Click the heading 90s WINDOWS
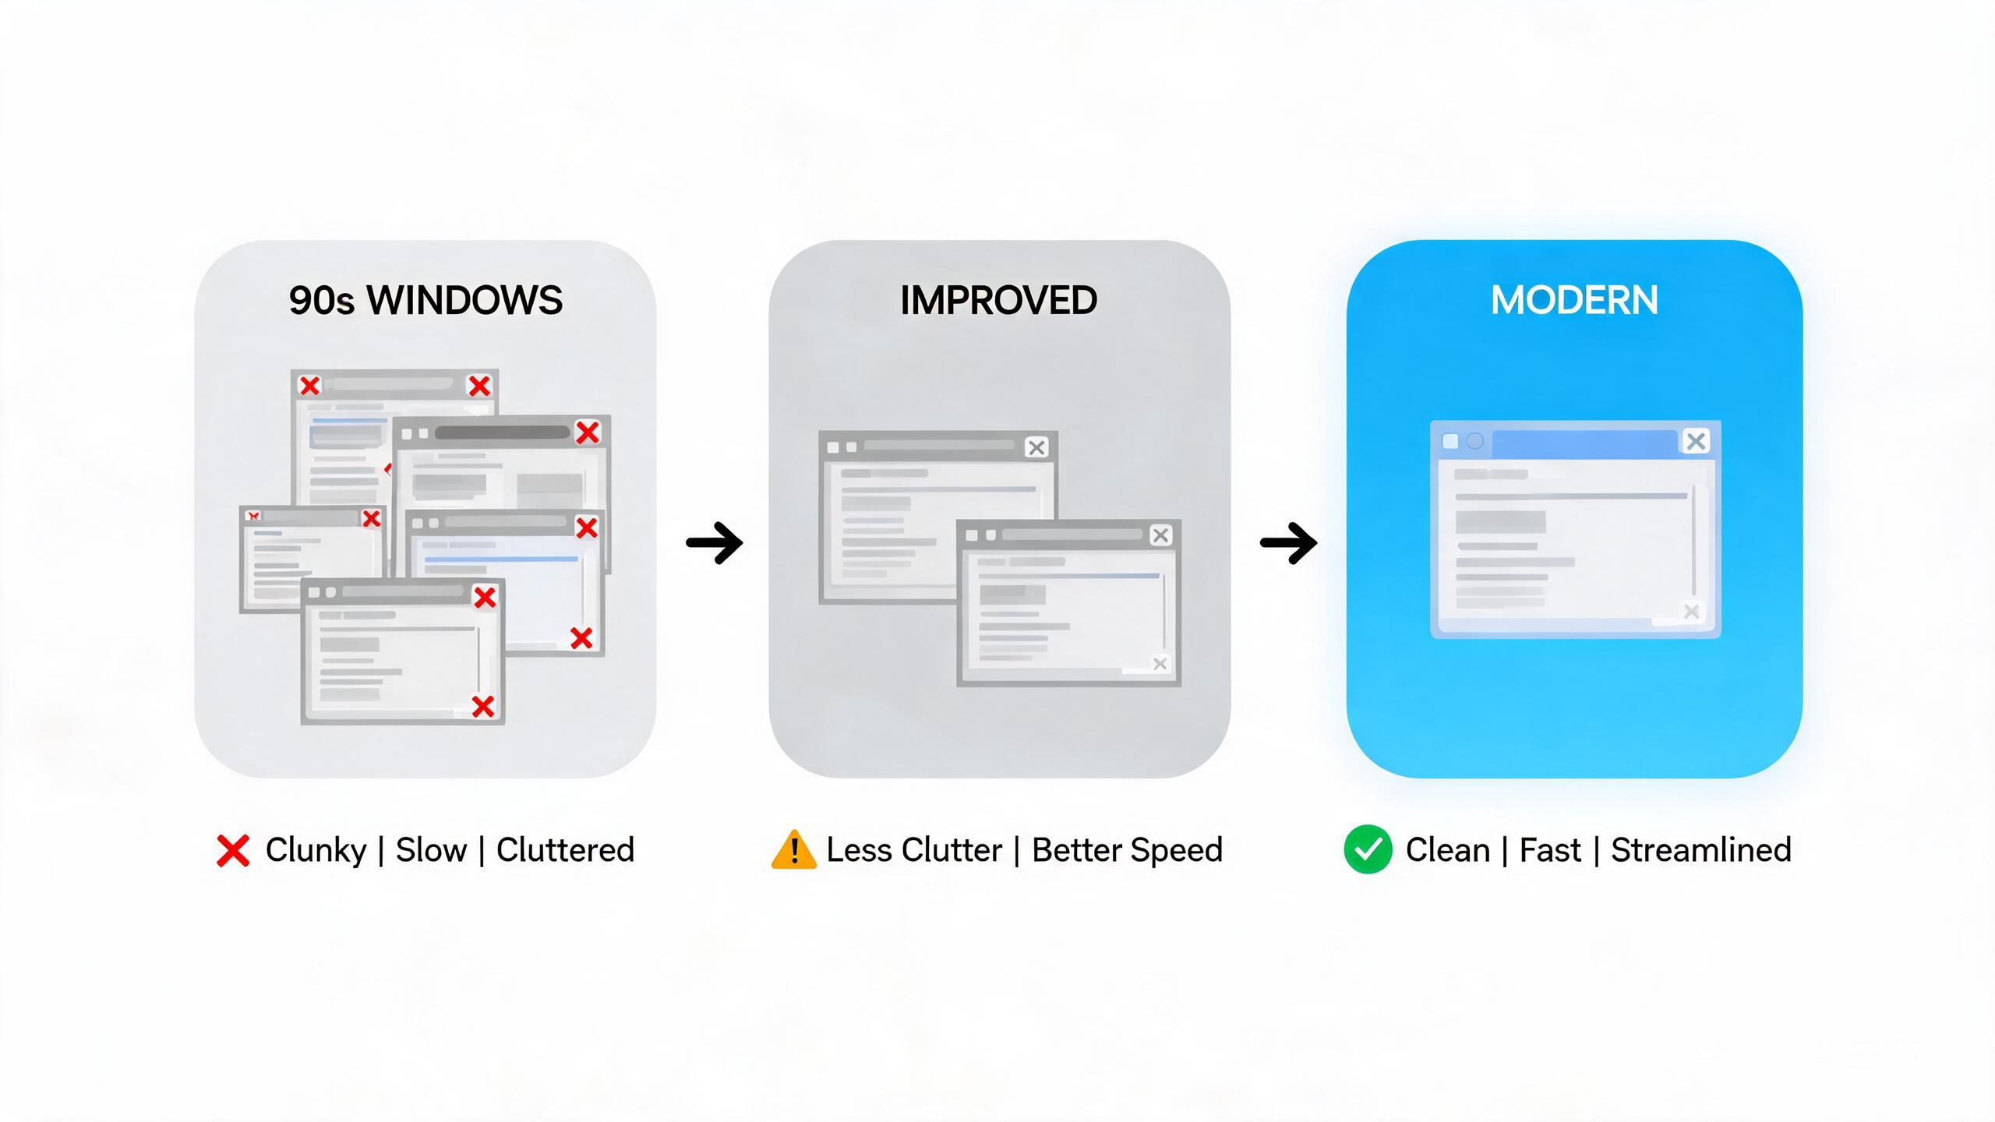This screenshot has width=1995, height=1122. coord(425,301)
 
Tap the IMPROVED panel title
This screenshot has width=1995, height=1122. coord(998,301)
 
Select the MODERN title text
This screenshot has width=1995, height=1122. coord(1574,301)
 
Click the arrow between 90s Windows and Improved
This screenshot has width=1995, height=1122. coord(715,542)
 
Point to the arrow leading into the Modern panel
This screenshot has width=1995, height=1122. coord(1289,542)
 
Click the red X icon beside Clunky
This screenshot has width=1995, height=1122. coord(233,850)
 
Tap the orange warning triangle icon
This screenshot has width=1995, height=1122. coord(793,849)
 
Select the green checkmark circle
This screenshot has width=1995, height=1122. coord(1368,849)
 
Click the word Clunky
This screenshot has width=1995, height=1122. coord(316,850)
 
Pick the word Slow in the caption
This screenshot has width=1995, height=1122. coord(431,849)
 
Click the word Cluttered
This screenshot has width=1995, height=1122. coord(565,849)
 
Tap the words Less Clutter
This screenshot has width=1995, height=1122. coord(914,849)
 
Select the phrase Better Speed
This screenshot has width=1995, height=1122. coord(1127,850)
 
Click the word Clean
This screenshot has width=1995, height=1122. coord(1448,849)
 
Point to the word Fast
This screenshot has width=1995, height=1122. coord(1550,849)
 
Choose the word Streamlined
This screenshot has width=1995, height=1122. coord(1701,849)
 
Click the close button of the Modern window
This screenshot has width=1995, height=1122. coord(1697,441)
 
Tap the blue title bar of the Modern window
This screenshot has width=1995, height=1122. coord(1584,442)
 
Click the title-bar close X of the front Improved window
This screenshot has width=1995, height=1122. coord(1161,535)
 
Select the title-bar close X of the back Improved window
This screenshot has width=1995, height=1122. coord(1036,447)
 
